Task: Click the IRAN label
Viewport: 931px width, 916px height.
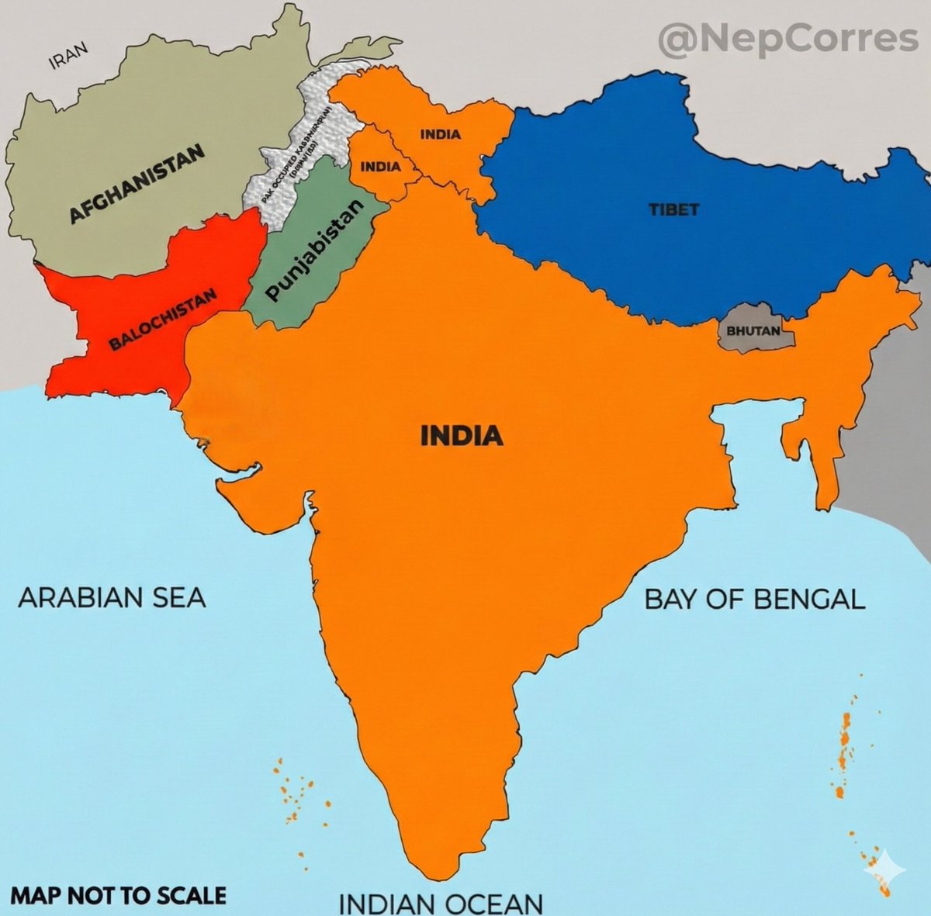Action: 69,56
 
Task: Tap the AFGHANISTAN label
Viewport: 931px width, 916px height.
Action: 137,184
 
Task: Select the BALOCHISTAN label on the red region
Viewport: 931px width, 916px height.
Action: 163,318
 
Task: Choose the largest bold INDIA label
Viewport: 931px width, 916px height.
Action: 462,436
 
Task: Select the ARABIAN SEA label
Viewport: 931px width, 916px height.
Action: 112,598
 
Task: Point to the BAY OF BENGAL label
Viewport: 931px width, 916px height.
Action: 755,599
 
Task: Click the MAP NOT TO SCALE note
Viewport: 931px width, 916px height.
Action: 119,895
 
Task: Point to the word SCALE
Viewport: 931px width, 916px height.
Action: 190,895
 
